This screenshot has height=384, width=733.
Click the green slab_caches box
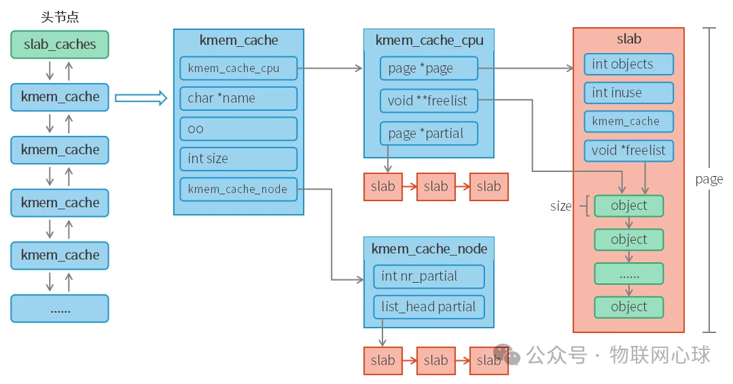60,44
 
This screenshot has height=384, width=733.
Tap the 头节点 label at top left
60,17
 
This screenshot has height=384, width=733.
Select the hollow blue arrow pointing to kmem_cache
141,98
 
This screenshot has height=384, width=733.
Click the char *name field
238,99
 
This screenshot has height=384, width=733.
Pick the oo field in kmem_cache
238,128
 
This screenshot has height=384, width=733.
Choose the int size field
238,158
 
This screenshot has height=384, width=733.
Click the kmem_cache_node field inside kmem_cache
238,189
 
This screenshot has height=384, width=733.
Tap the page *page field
429,69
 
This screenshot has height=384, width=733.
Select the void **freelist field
429,101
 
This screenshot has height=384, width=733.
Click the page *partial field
429,133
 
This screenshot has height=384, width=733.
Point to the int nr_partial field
429,276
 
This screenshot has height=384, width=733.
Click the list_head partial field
429,307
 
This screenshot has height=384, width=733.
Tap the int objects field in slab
628,65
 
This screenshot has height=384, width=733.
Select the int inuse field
628,92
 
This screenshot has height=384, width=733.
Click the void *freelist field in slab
628,150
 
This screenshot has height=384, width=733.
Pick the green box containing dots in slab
628,273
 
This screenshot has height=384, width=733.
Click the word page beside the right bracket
709,179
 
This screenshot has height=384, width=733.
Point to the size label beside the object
560,206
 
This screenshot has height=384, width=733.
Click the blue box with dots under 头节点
60,309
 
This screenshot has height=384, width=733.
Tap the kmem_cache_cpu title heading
429,40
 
